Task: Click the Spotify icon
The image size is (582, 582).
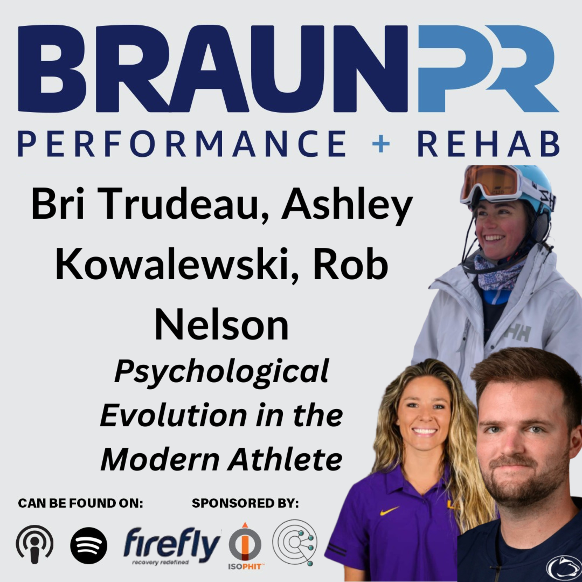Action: tap(89, 545)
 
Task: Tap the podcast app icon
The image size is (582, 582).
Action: tap(35, 545)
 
